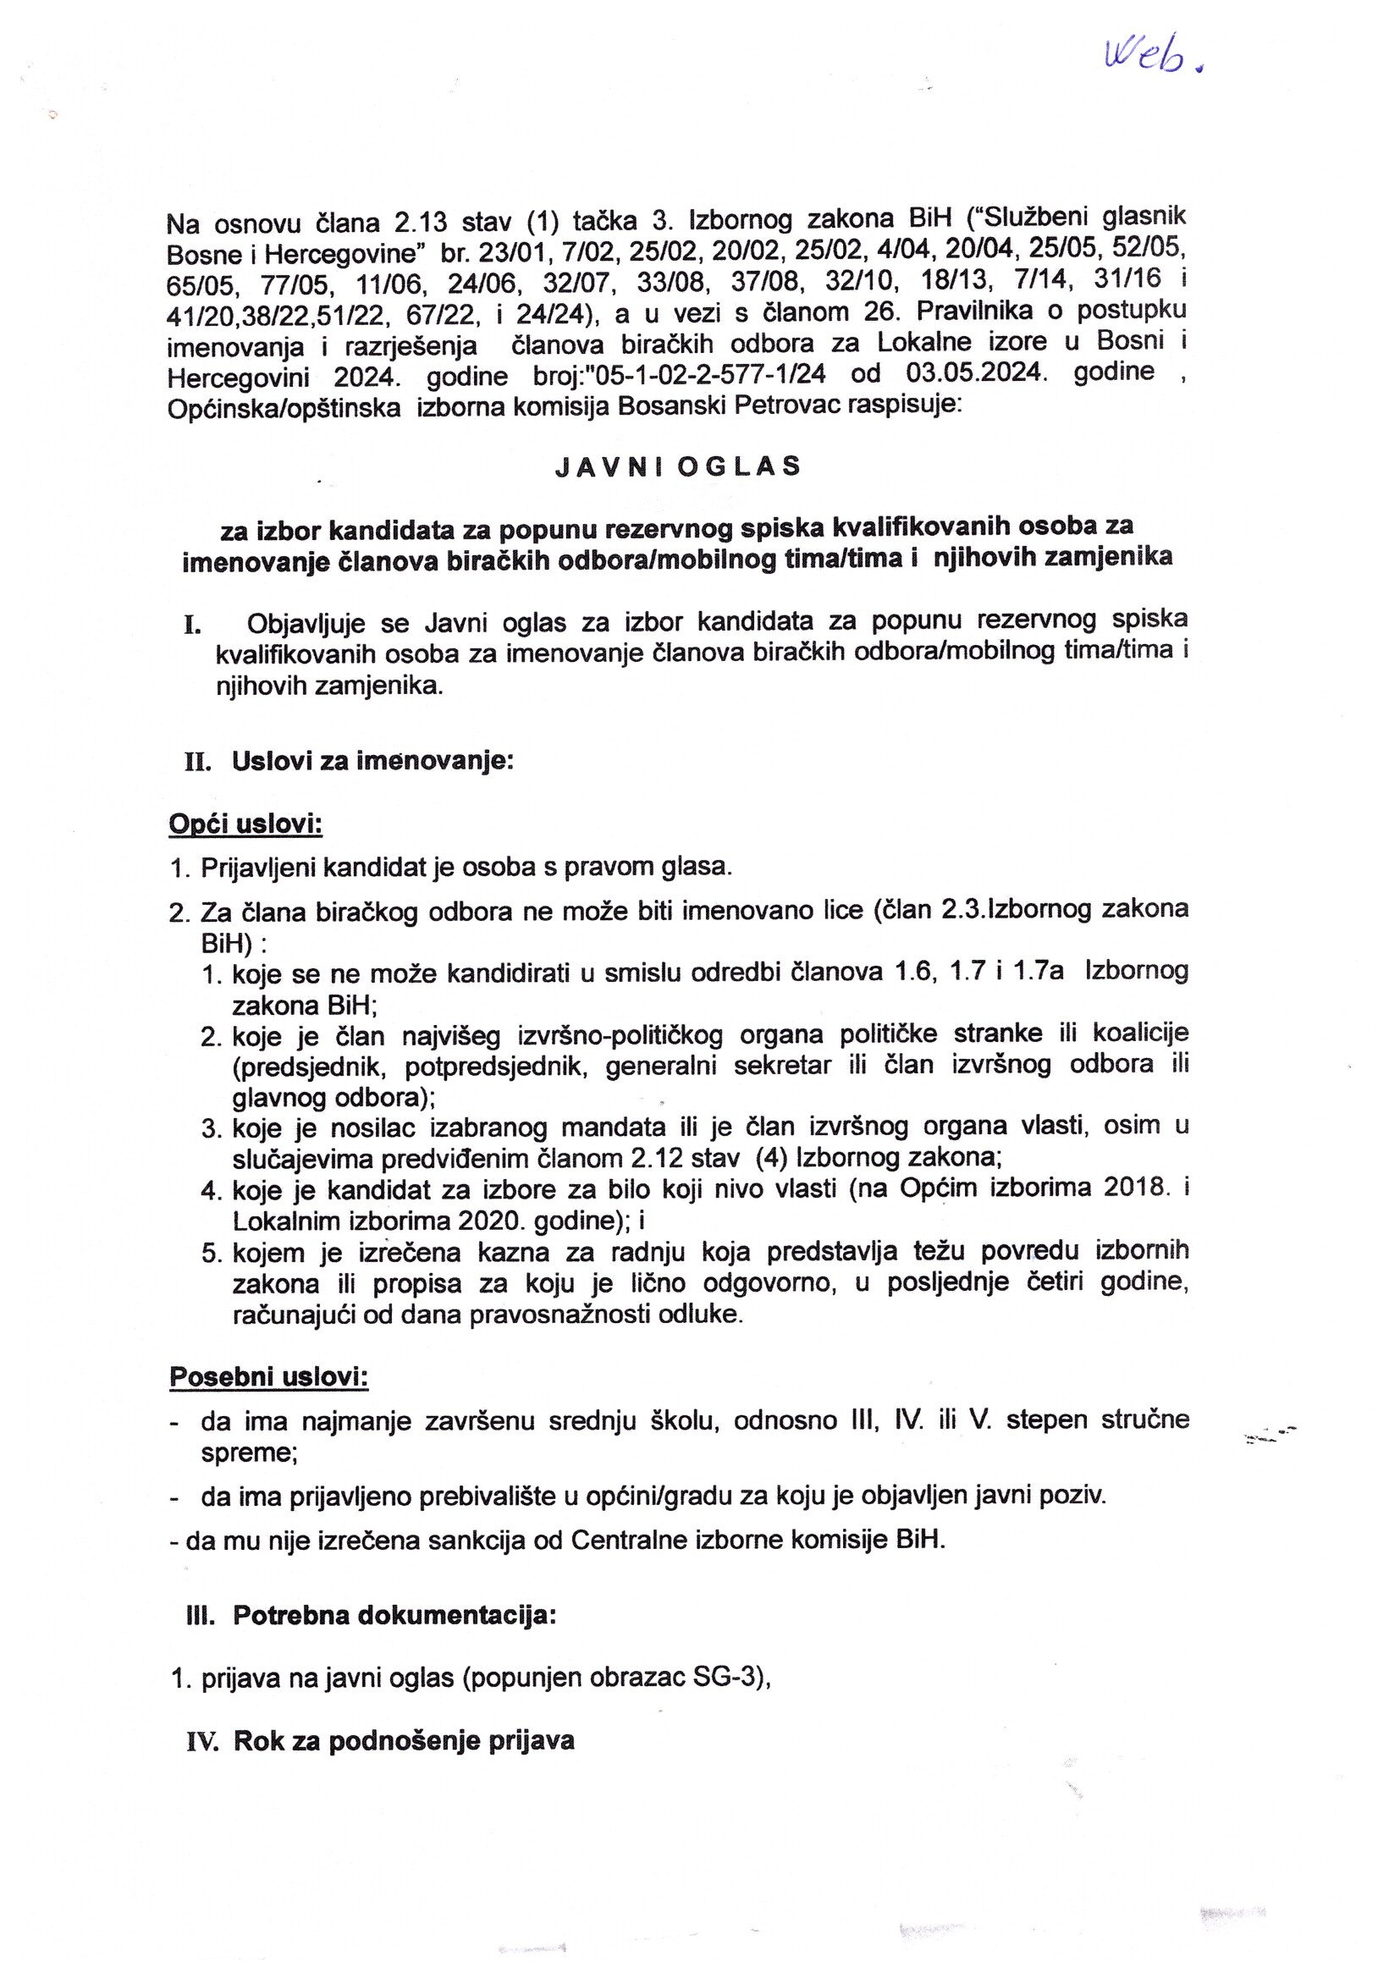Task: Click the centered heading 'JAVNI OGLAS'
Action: pyautogui.click(x=678, y=466)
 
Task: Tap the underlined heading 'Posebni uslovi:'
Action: pyautogui.click(x=269, y=1376)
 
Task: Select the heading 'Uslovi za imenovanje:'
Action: pyautogui.click(x=372, y=762)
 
